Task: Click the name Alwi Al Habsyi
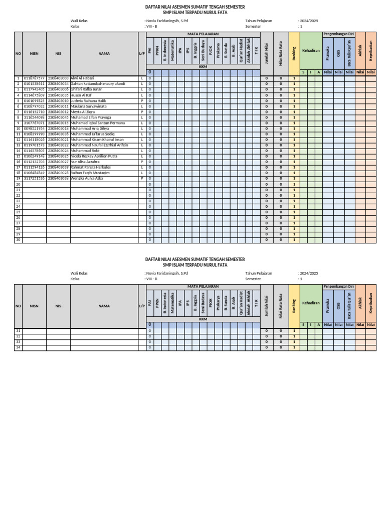[83, 78]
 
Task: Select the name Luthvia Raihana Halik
[90, 100]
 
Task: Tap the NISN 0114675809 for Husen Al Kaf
[34, 95]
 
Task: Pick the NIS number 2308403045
[58, 117]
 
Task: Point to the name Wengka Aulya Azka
[87, 178]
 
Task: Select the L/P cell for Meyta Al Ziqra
[142, 112]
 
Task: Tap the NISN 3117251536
[34, 178]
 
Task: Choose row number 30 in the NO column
[19, 240]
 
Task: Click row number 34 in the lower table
[19, 347]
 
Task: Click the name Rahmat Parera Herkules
[91, 167]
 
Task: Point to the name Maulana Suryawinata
[89, 106]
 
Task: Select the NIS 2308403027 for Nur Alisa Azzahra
[58, 162]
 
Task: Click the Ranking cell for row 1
[294, 78]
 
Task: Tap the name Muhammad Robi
[85, 151]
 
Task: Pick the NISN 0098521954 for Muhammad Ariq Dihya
[34, 128]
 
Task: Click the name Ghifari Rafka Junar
[86, 89]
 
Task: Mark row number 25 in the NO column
[19, 212]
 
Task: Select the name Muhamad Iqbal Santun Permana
[98, 123]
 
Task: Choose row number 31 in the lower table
[19, 331]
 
